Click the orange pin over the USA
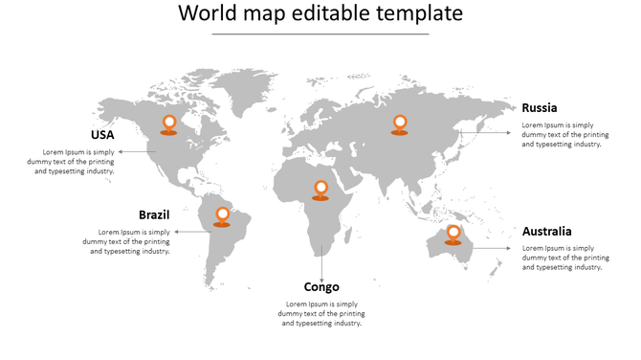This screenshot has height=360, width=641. click(x=169, y=123)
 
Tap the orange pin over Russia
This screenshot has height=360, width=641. click(x=400, y=124)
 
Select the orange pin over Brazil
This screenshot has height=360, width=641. click(x=222, y=215)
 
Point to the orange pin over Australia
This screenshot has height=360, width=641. click(x=453, y=233)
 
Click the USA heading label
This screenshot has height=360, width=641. click(x=102, y=135)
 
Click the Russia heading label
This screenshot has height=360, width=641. click(x=540, y=108)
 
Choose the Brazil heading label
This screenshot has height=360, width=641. click(x=154, y=214)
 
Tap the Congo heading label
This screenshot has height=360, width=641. click(x=321, y=287)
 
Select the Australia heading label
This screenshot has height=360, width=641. click(x=547, y=232)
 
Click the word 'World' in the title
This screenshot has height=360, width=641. click(x=210, y=14)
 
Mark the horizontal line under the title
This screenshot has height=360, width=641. click(x=320, y=34)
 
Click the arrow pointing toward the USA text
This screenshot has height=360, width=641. click(x=139, y=151)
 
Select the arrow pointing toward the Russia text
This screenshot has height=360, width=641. click(x=488, y=133)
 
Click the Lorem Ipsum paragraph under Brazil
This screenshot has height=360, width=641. click(x=134, y=241)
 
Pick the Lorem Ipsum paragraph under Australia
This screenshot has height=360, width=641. click(x=565, y=258)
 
